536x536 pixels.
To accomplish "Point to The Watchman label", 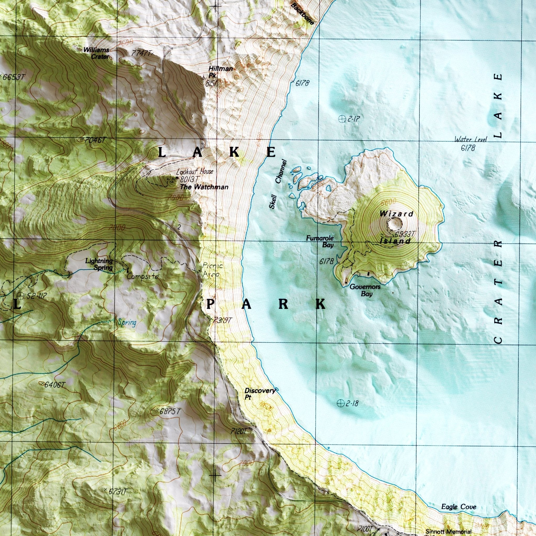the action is click(204, 187).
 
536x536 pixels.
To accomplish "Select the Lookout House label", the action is click(194, 172).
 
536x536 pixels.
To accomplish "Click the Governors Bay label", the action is click(365, 290).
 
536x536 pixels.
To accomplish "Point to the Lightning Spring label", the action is click(99, 264).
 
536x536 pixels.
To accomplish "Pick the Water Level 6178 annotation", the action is click(470, 143).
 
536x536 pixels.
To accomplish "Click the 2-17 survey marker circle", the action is click(342, 119).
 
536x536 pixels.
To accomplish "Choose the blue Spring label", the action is click(127, 323).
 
